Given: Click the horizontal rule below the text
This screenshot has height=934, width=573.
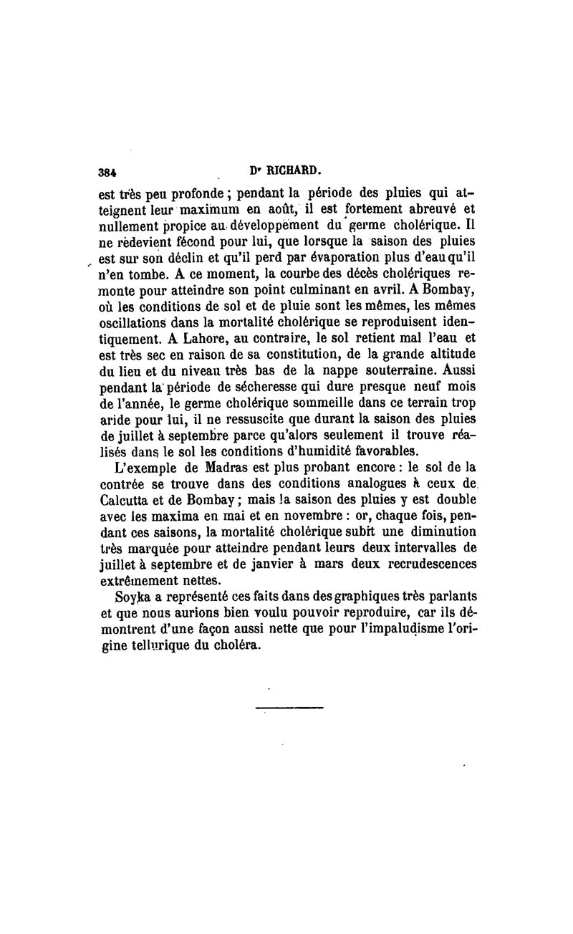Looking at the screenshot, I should click(x=290, y=708).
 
